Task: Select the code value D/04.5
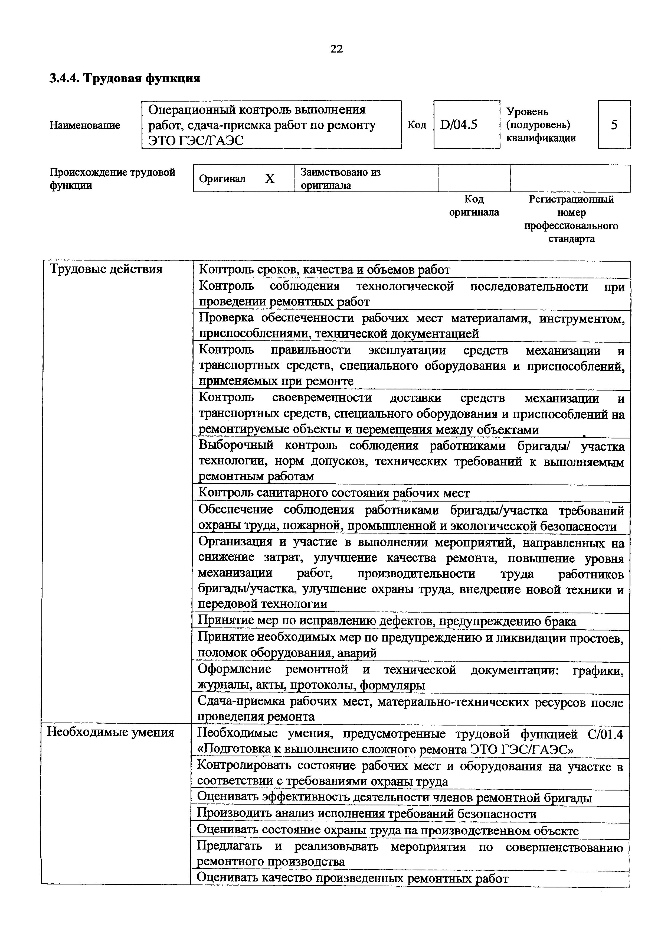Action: pos(459,125)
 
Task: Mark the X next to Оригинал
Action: pos(270,179)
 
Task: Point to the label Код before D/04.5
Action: pos(417,125)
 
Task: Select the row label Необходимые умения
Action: pos(110,732)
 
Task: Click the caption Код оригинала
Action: pos(474,206)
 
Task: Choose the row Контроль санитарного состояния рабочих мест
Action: pos(334,493)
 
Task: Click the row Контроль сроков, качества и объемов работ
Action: pos(325,270)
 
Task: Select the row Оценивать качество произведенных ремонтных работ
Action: pos(352,878)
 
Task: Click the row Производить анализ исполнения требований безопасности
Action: pos(366,814)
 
